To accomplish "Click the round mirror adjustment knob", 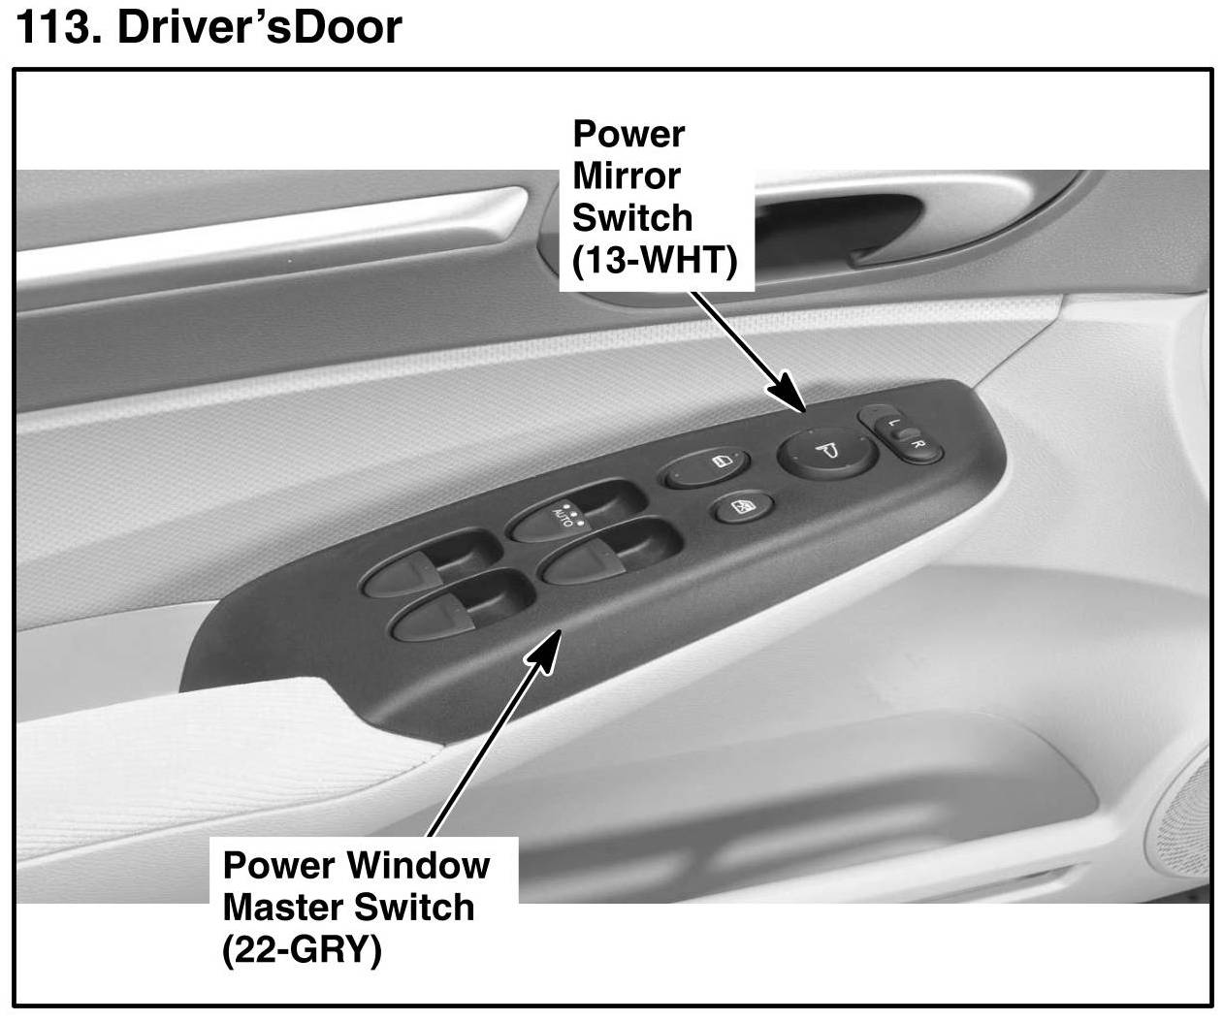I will (x=823, y=450).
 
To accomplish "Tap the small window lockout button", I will (x=741, y=507).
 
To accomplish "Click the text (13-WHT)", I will (x=656, y=260).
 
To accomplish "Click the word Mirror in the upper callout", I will (x=626, y=176).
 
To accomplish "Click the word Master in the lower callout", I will (x=282, y=907).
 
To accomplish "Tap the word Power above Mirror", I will (x=628, y=134).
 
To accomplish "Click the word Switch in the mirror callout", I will (x=631, y=218).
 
